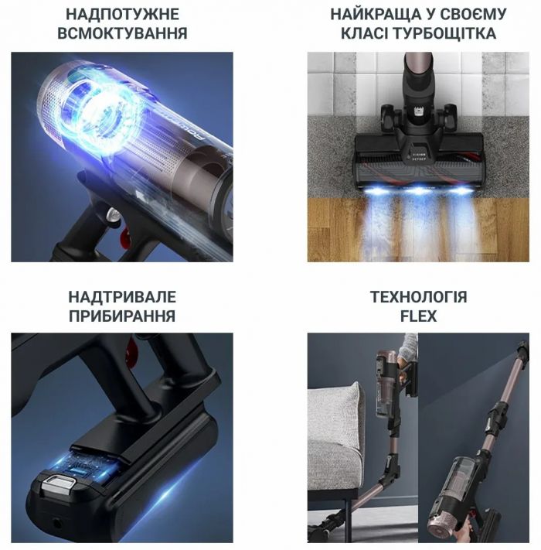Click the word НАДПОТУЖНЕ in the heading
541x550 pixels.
point(122,14)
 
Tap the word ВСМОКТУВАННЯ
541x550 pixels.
point(122,33)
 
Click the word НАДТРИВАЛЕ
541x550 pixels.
point(122,297)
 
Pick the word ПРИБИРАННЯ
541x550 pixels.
point(122,316)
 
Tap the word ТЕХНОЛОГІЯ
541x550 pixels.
point(418,297)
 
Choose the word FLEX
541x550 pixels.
point(418,316)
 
